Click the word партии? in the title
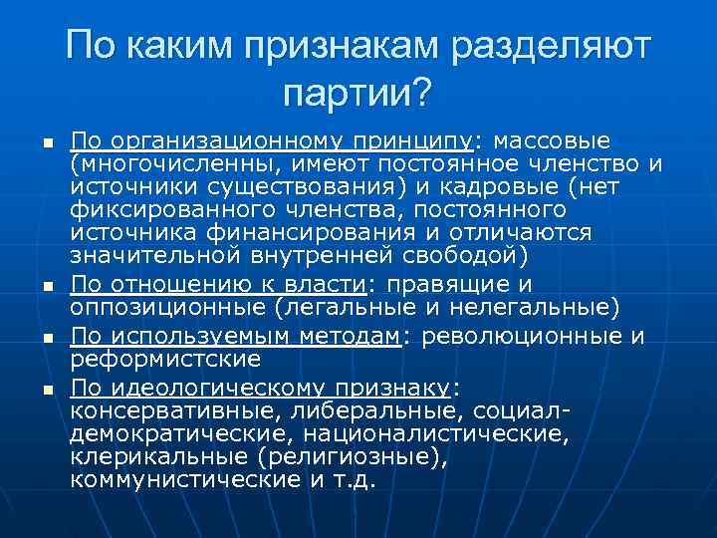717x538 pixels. (358, 94)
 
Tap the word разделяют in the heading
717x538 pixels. (554, 46)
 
